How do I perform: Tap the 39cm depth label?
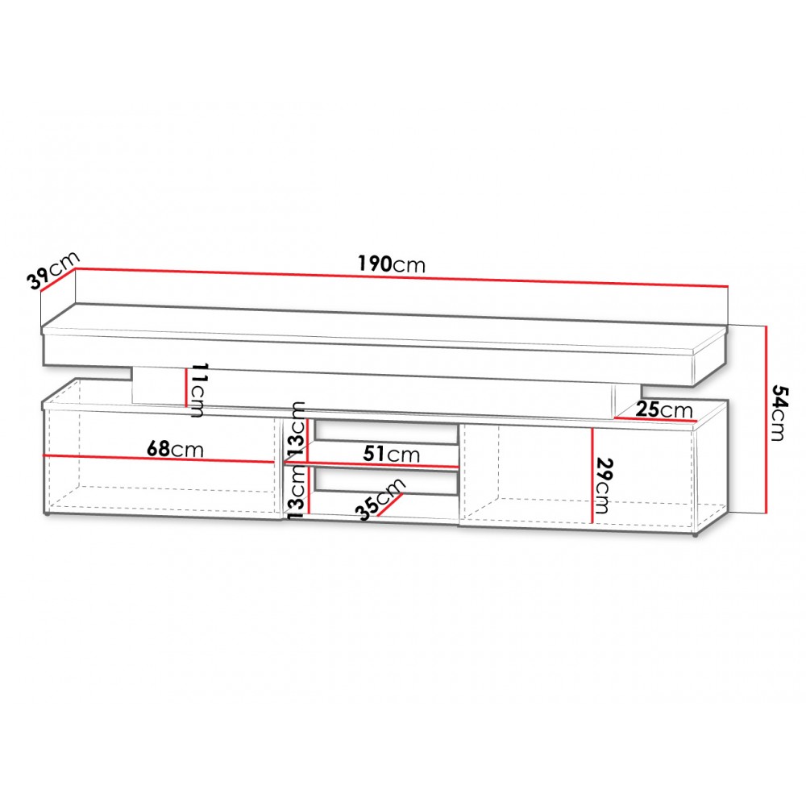pyautogui.click(x=52, y=270)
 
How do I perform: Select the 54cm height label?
pyautogui.click(x=779, y=413)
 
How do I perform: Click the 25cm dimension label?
pyautogui.click(x=665, y=409)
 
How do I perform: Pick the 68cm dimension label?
pyautogui.click(x=175, y=449)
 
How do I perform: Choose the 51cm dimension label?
pyautogui.click(x=391, y=454)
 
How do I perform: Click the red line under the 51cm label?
pyautogui.click(x=372, y=465)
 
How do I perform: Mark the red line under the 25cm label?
pyautogui.click(x=654, y=419)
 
